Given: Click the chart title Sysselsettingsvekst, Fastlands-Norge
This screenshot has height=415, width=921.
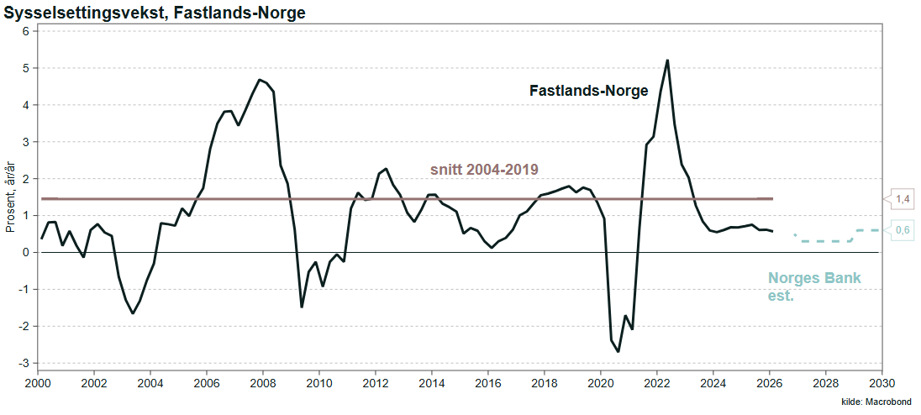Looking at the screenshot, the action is [155, 13].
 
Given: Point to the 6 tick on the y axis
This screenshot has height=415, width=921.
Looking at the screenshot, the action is [26, 31].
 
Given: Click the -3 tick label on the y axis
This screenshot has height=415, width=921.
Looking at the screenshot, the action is [24, 363].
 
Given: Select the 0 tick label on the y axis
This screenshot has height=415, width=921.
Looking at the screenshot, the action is [26, 252].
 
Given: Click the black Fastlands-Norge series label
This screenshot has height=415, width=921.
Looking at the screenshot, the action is [588, 91].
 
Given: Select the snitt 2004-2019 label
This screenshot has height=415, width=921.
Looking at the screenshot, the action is [485, 170].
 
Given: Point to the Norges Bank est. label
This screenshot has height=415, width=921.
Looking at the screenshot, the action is [814, 286].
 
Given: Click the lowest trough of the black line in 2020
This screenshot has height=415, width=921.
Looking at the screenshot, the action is [618, 352].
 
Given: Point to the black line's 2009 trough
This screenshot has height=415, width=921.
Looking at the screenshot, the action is [302, 307].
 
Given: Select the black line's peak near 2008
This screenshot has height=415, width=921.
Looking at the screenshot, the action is [259, 80].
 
